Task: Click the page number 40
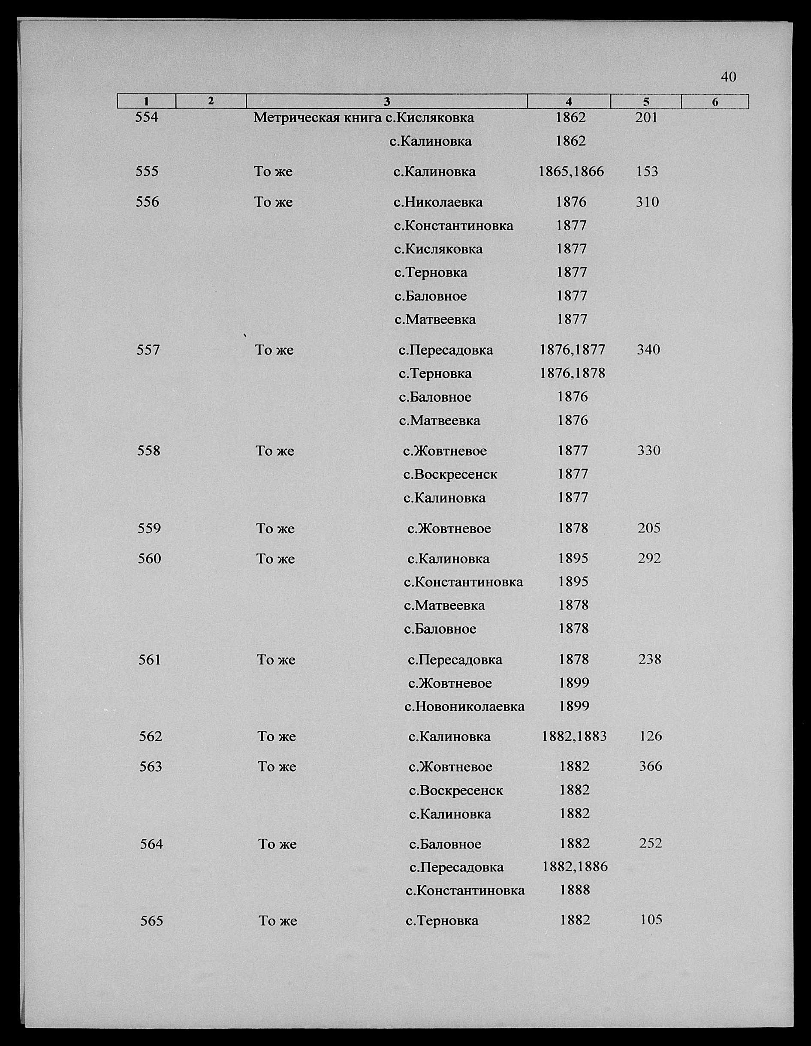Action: (x=728, y=77)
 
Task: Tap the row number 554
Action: (x=147, y=117)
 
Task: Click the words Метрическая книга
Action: (x=318, y=117)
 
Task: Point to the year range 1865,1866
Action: (x=571, y=171)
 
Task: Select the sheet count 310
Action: (x=647, y=202)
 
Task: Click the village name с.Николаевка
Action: (x=438, y=202)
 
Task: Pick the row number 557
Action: (x=148, y=350)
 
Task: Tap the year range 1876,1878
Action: (x=573, y=373)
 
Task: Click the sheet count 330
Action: (x=648, y=451)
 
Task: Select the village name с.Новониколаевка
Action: (x=464, y=706)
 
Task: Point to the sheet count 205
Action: (x=649, y=528)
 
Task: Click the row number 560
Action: (x=149, y=559)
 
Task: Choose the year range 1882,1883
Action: (x=574, y=736)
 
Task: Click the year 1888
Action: (x=575, y=890)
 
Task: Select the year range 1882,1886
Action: (x=575, y=866)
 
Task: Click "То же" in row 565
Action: (x=278, y=920)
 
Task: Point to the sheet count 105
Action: (x=651, y=920)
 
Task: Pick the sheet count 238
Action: (x=650, y=659)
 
